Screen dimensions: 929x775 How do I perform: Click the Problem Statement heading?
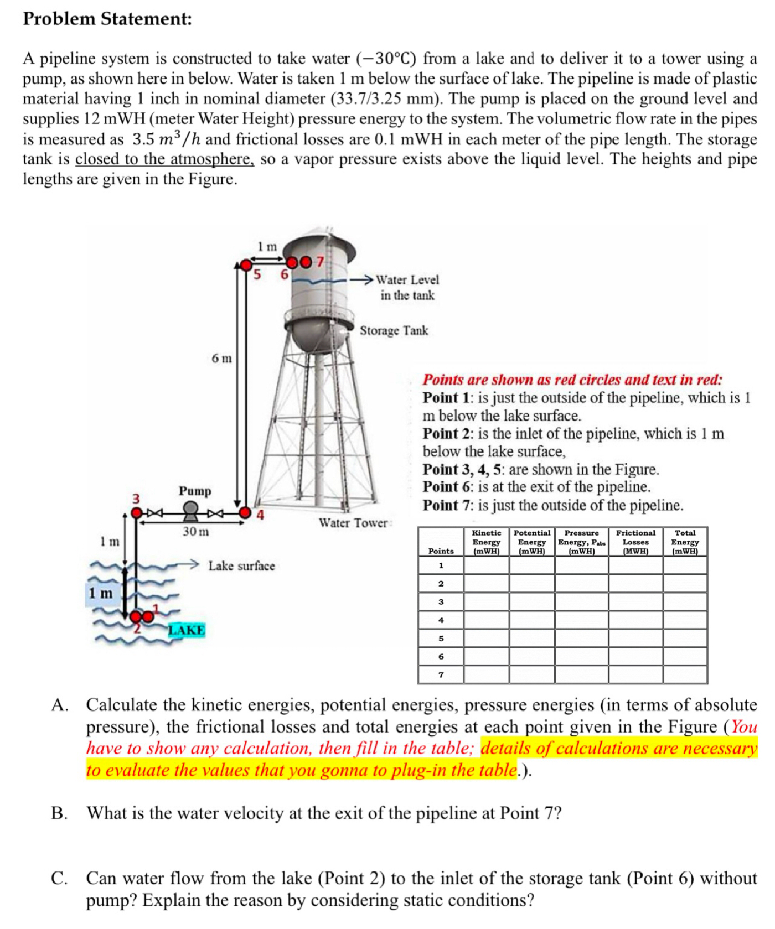coord(107,19)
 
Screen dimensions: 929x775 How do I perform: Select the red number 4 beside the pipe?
coord(260,516)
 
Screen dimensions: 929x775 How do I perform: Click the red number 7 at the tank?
coord(319,261)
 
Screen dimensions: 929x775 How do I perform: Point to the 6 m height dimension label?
coord(221,359)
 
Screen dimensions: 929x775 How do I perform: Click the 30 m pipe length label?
coord(196,532)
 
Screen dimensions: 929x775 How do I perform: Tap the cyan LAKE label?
coord(187,630)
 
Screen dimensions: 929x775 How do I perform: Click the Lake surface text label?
coord(241,566)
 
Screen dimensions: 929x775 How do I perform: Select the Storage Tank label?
coord(394,331)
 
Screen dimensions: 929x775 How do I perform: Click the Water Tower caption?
coord(353,523)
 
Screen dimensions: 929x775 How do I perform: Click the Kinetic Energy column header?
coord(486,542)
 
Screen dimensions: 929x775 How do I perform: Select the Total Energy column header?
coord(685,542)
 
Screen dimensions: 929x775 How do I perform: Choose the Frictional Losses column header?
coord(635,542)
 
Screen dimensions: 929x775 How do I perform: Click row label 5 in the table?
coord(441,639)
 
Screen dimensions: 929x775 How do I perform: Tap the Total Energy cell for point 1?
coord(685,565)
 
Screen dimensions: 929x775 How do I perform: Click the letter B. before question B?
coord(59,813)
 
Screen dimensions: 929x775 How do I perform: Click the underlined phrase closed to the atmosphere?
coord(164,159)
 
